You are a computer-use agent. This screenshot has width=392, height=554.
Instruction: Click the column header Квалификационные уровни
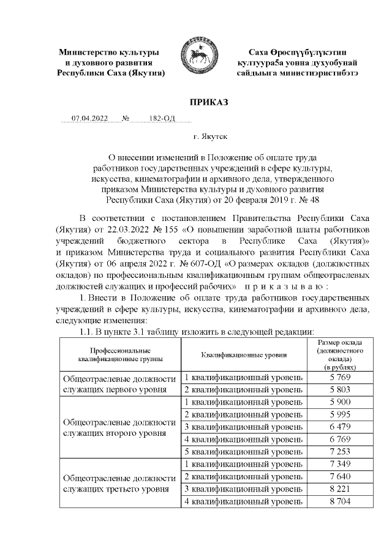tap(244, 354)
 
